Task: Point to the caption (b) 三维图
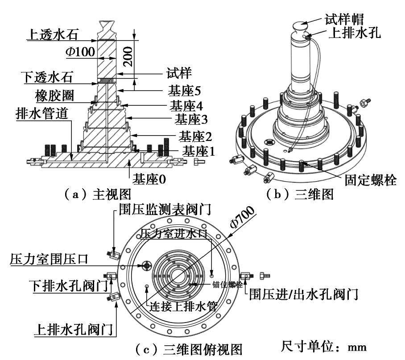tap(299, 194)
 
